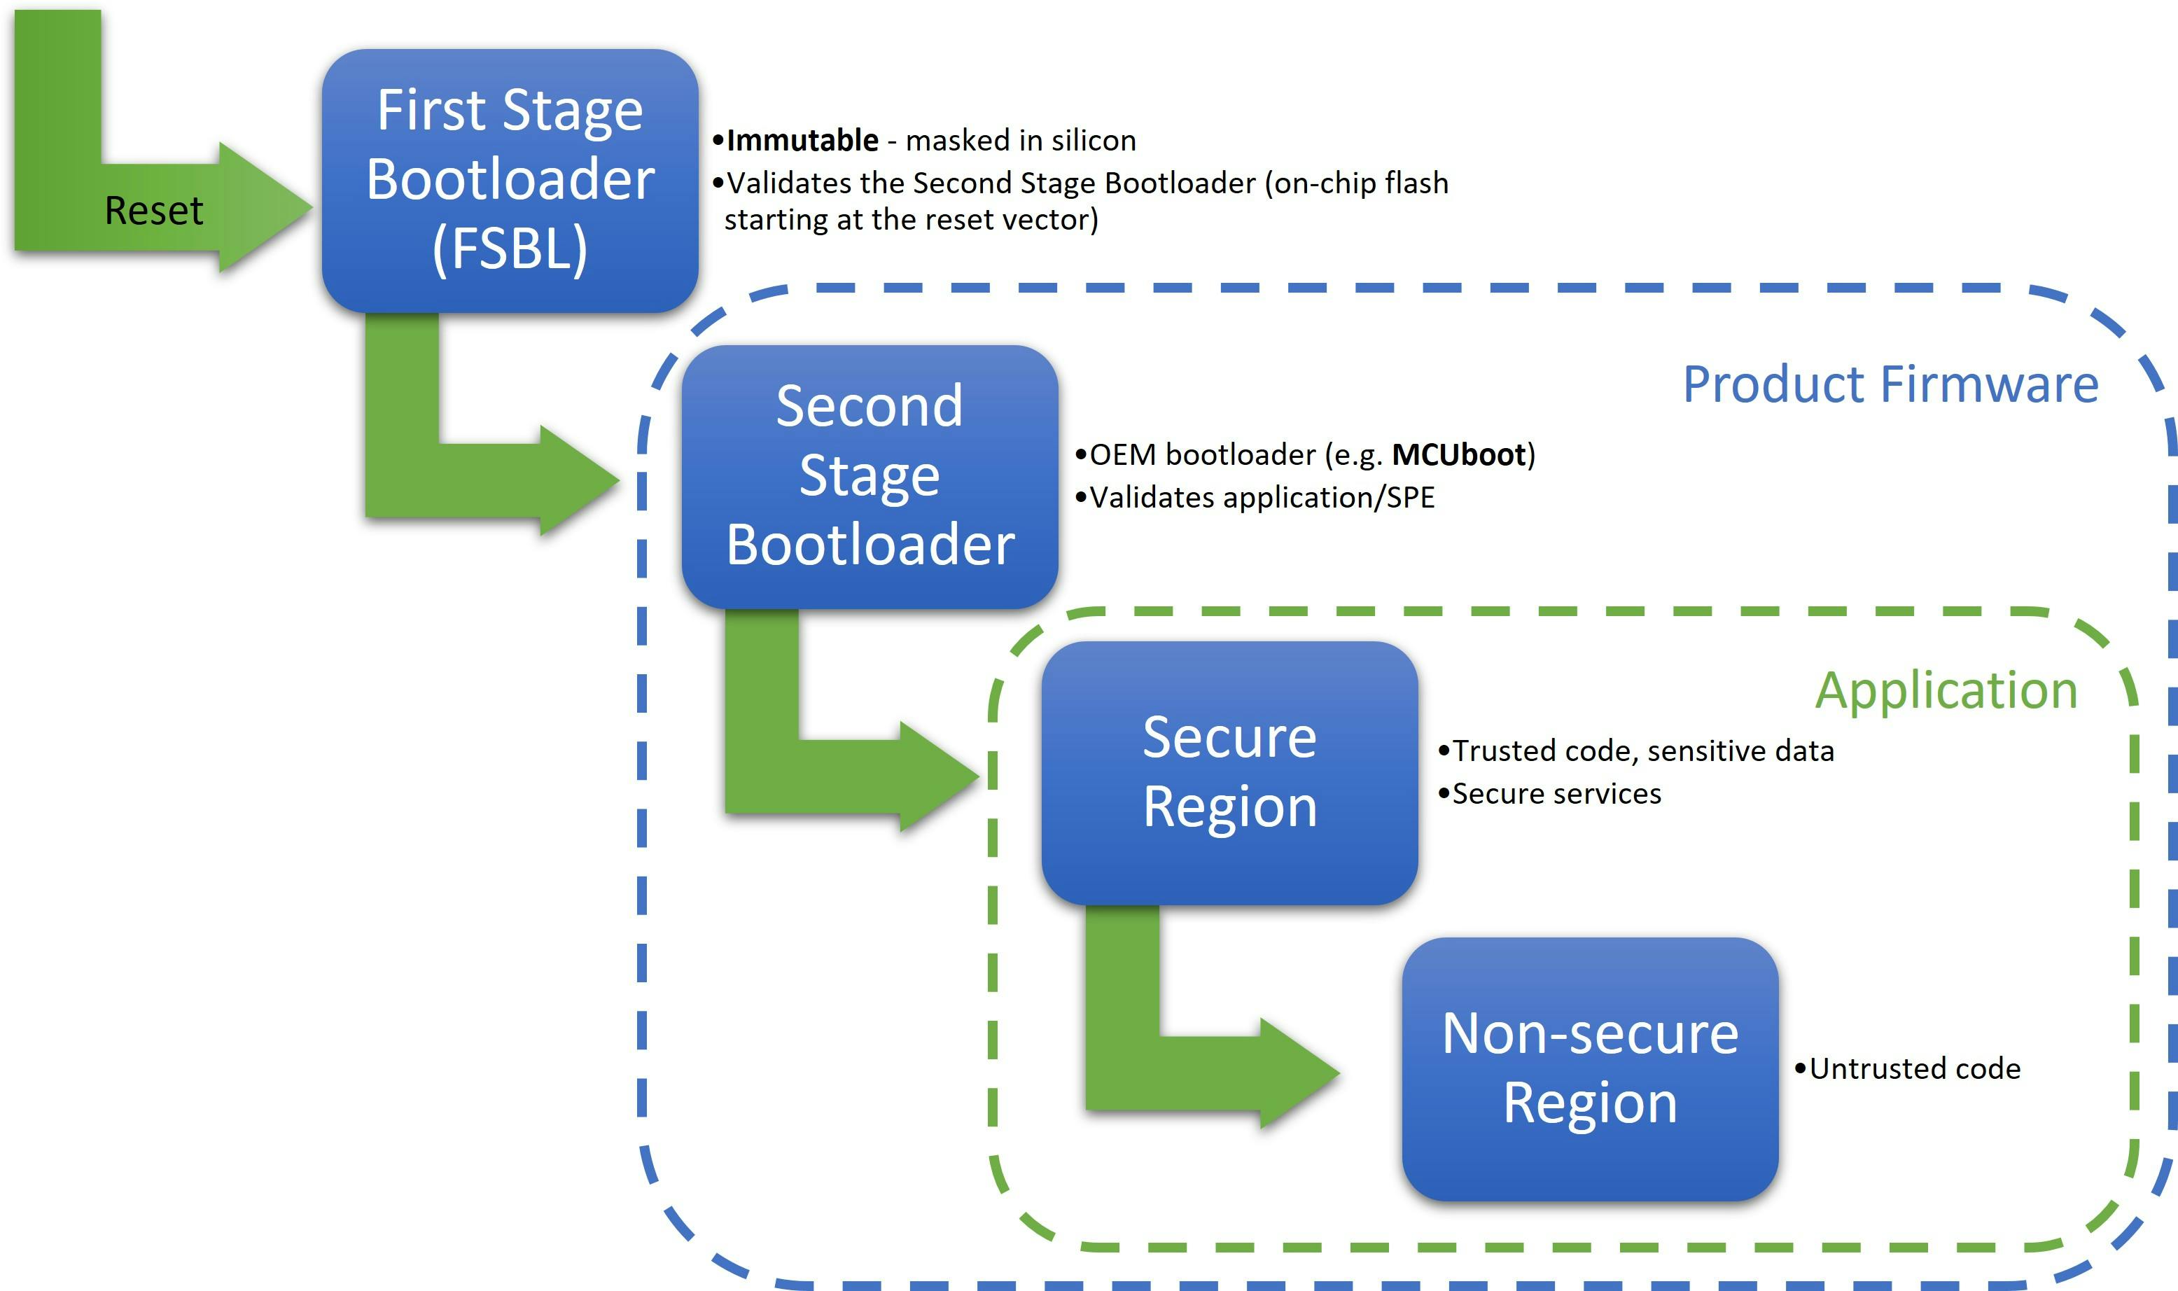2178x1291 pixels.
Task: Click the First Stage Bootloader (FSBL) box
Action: pos(510,180)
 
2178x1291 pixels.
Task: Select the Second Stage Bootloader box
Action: pos(870,476)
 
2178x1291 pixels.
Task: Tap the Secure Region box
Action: pos(1229,772)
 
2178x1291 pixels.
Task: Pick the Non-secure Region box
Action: pos(1589,1068)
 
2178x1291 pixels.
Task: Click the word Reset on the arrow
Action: pos(154,211)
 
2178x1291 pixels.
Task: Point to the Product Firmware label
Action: pos(1890,384)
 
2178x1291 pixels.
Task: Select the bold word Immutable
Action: pos(802,140)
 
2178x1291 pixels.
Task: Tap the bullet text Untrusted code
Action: pos(1913,1068)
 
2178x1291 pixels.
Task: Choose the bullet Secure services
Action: pos(1555,793)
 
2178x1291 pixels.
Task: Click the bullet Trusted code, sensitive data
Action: pos(1642,751)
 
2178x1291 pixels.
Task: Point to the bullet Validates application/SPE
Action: pos(1261,498)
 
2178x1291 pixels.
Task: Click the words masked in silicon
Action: pos(1020,140)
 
